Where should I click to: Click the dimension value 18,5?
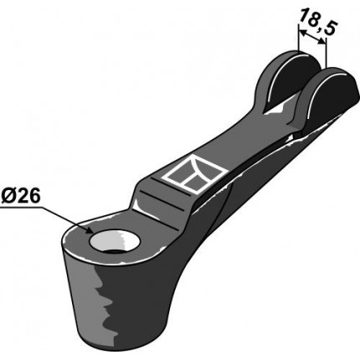(316, 22)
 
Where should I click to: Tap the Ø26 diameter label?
(21, 196)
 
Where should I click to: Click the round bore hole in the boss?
(114, 241)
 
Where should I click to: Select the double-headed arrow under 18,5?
(312, 37)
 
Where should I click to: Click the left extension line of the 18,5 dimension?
(298, 39)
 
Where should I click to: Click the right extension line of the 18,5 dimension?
(326, 53)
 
